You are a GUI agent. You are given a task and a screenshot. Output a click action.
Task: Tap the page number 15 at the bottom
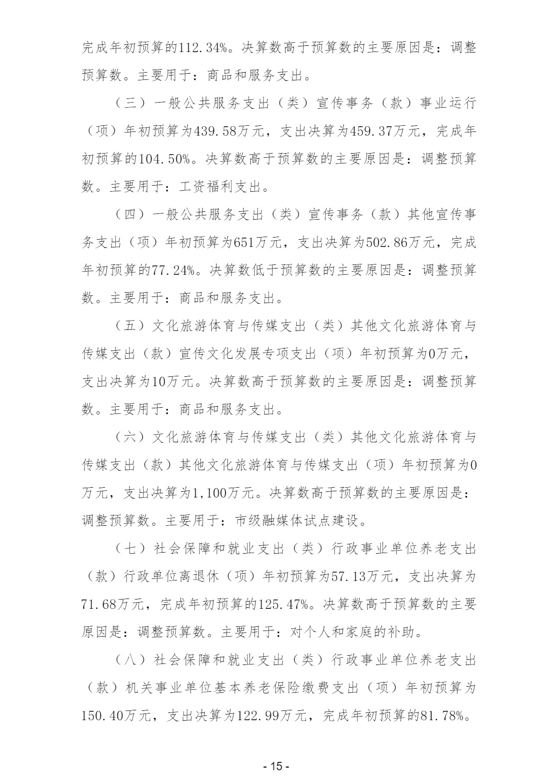click(x=276, y=766)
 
